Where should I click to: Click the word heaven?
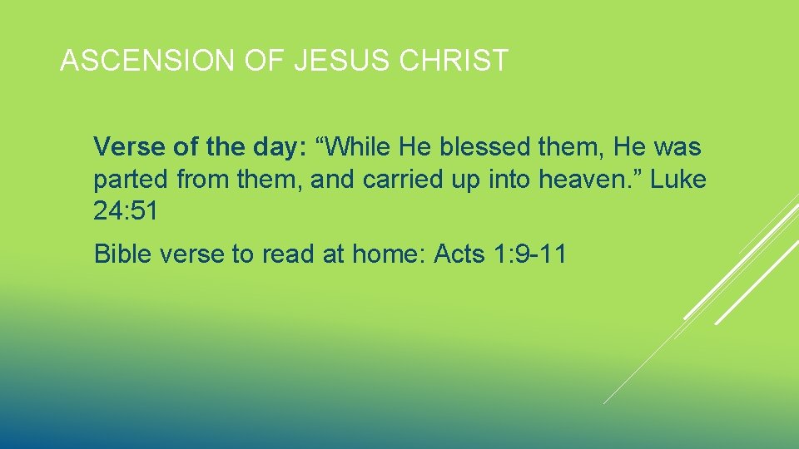coord(593,180)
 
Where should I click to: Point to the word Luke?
coord(678,180)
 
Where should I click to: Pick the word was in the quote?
coord(677,148)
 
